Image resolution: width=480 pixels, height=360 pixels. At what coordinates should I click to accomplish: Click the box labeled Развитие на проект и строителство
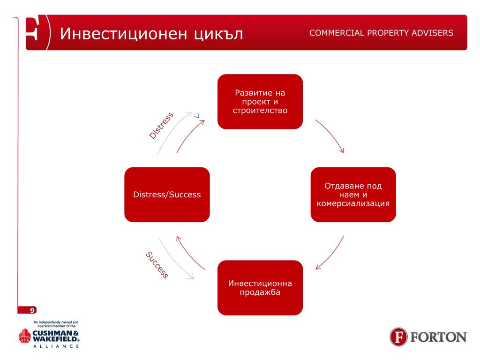[x=260, y=101]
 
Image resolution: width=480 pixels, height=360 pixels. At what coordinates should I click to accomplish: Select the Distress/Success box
[x=167, y=194]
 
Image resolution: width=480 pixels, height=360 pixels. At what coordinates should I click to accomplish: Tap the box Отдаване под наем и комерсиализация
[x=353, y=194]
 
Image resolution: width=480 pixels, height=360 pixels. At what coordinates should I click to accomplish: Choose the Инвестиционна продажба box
[x=260, y=287]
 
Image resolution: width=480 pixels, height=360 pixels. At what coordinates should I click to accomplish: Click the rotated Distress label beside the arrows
[x=161, y=125]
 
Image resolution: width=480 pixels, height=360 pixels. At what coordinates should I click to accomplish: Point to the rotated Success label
[x=157, y=265]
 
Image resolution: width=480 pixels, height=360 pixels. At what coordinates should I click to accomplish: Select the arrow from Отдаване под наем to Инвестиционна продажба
[x=330, y=254]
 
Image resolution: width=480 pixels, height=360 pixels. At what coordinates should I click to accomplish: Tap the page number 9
[x=32, y=310]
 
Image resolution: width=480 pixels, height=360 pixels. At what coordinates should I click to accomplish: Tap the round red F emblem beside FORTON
[x=399, y=337]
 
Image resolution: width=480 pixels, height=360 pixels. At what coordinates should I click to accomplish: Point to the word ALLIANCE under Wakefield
[x=55, y=346]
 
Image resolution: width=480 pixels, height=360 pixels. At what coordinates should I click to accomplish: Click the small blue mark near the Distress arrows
[x=197, y=115]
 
